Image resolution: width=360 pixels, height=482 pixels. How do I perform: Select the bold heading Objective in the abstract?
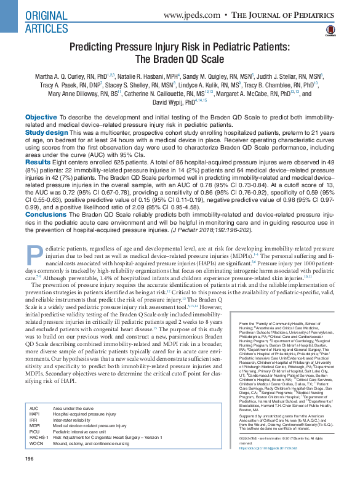coord(41,117)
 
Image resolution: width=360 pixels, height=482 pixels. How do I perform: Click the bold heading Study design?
coord(47,132)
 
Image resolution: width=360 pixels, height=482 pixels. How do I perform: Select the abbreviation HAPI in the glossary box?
coord(34,432)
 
